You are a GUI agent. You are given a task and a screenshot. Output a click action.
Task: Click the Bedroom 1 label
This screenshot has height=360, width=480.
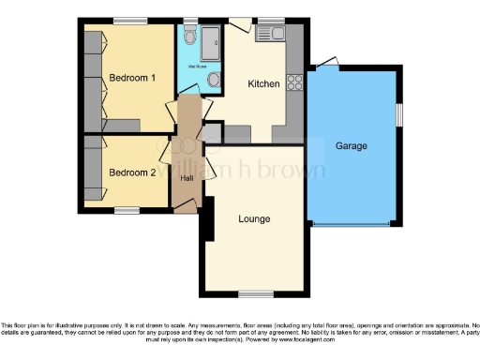pos(132,78)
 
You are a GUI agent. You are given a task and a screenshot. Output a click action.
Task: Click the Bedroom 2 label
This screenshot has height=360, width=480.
pos(132,172)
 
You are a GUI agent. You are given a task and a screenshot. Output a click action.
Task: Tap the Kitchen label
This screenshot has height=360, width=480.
pos(263,84)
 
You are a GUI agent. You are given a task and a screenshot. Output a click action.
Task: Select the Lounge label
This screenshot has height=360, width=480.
pos(254,219)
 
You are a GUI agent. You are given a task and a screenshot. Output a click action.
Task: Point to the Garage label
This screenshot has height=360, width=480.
pos(352,146)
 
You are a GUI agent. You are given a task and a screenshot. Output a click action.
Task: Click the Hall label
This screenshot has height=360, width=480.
pos(187,180)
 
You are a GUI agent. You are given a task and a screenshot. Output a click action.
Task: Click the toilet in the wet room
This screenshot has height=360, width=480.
pos(190,38)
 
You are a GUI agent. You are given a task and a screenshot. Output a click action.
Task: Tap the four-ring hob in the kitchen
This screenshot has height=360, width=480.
pos(295,81)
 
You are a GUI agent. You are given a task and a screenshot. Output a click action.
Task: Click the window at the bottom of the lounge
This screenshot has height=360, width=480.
pos(250,294)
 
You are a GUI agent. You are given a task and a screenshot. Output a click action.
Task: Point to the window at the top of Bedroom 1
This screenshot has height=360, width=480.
pos(130,20)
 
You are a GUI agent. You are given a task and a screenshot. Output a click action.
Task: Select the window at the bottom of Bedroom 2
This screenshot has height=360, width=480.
pos(127,209)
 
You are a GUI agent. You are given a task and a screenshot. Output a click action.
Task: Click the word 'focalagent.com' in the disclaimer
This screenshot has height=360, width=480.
pos(310,337)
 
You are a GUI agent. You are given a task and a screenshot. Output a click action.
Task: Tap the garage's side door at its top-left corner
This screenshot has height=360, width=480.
pos(326,65)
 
